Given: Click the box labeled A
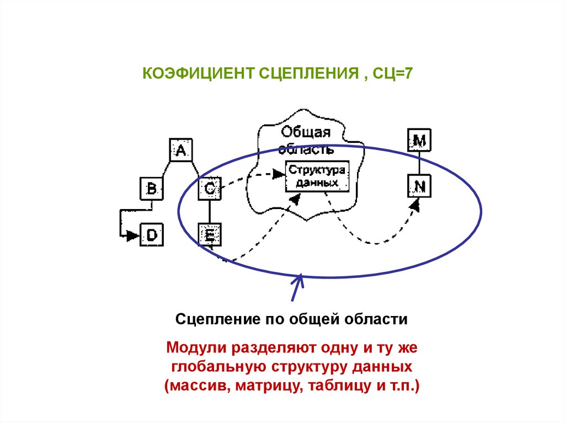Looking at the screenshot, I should (x=180, y=149).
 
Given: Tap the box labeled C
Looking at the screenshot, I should (x=210, y=189).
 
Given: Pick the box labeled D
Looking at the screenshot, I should (x=152, y=235).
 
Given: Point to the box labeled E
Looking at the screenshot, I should (x=210, y=235).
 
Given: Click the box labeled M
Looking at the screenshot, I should (x=419, y=141).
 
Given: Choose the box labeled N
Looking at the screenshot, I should (x=419, y=186).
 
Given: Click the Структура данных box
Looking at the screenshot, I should (x=317, y=176).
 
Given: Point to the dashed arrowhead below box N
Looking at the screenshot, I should (x=415, y=205).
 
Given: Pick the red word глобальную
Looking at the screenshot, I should (x=214, y=367).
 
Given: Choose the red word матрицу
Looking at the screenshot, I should (x=266, y=385).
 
